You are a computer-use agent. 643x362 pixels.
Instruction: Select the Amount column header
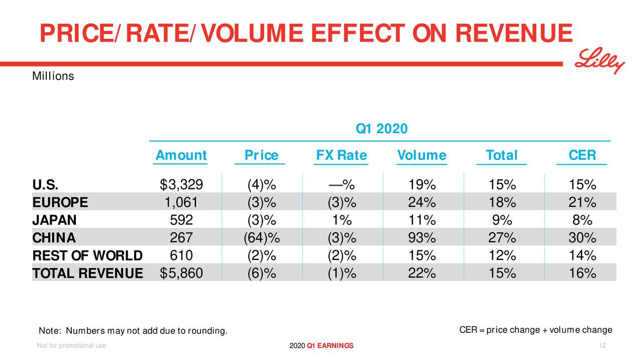pyautogui.click(x=181, y=155)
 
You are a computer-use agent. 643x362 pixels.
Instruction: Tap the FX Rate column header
pyautogui.click(x=342, y=155)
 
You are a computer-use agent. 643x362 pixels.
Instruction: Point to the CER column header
pyautogui.click(x=582, y=155)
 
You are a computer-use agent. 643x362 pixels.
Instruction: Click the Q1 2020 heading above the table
pyautogui.click(x=381, y=129)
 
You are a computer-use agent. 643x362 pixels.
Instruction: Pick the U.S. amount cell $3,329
pyautogui.click(x=181, y=185)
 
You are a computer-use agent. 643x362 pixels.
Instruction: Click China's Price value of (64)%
pyautogui.click(x=261, y=237)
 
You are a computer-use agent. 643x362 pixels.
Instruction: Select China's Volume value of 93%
pyautogui.click(x=422, y=237)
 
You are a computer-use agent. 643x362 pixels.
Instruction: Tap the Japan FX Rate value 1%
pyautogui.click(x=342, y=220)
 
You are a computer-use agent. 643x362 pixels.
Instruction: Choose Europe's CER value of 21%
pyautogui.click(x=582, y=203)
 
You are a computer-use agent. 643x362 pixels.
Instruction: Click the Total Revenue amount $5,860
pyautogui.click(x=181, y=273)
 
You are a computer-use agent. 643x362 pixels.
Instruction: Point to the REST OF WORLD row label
pyautogui.click(x=87, y=255)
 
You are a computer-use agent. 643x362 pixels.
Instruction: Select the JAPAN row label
pyautogui.click(x=54, y=220)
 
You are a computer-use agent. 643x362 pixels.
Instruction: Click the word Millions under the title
pyautogui.click(x=53, y=76)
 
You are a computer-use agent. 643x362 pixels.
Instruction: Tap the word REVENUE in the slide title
pyautogui.click(x=513, y=34)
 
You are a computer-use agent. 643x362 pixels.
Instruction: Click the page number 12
pyautogui.click(x=602, y=345)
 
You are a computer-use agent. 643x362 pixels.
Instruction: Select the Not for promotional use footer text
pyautogui.click(x=71, y=345)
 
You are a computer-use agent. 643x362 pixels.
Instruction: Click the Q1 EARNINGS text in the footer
pyautogui.click(x=330, y=345)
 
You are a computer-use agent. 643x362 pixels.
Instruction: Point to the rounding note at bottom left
pyautogui.click(x=133, y=330)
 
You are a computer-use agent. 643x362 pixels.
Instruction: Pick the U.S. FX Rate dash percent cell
pyautogui.click(x=342, y=185)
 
